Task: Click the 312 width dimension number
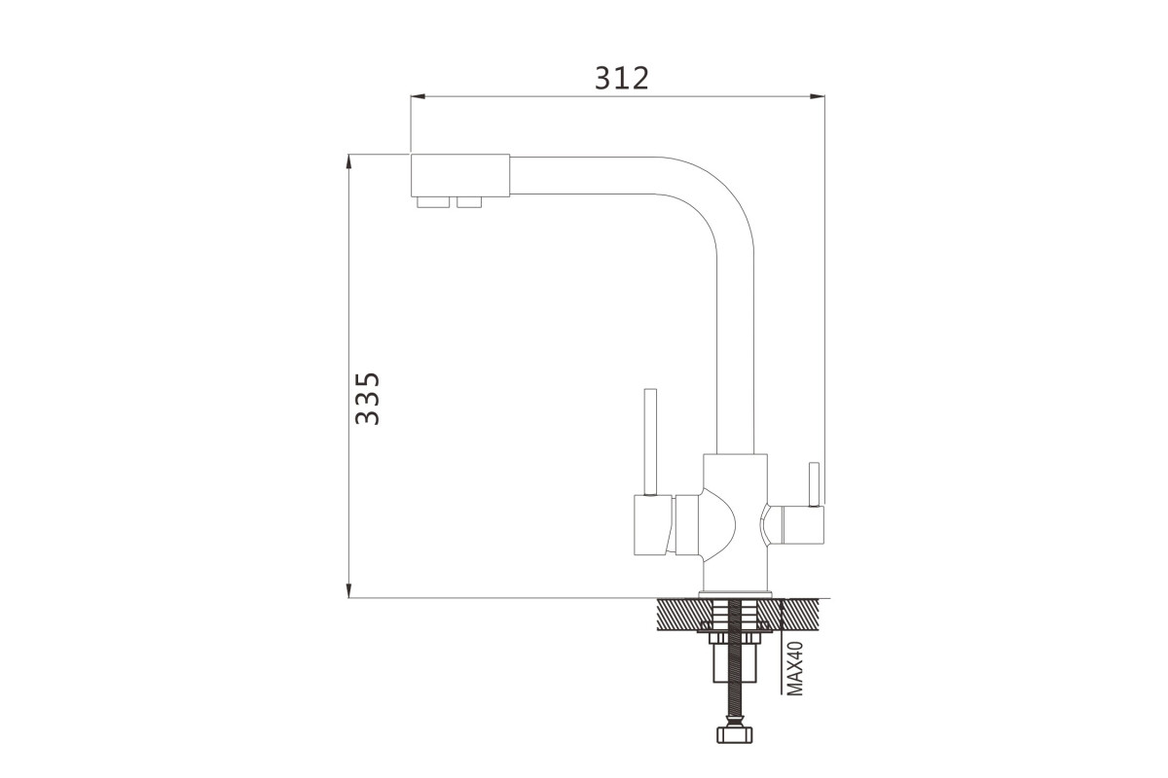coord(622,78)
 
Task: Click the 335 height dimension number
coord(367,399)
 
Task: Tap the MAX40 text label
coord(794,668)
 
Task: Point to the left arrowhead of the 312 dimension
coord(418,96)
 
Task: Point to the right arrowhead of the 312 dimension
coord(818,96)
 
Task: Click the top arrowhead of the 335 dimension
coord(348,161)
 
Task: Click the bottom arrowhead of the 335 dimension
coord(348,590)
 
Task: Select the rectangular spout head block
coord(459,176)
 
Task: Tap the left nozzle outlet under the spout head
coord(433,202)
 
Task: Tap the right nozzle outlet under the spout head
coord(469,202)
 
